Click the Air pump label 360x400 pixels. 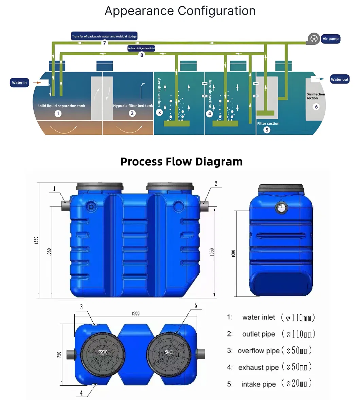click(330, 39)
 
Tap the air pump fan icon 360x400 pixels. click(314, 39)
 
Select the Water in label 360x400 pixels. click(19, 83)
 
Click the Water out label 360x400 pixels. click(340, 79)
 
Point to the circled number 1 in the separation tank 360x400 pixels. click(58, 113)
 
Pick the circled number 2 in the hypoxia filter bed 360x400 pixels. click(132, 113)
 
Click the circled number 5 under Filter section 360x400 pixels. click(267, 130)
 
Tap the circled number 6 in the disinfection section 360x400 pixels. click(316, 107)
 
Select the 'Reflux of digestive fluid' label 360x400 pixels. click(141, 49)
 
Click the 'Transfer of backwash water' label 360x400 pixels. click(104, 36)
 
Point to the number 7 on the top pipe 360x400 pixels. click(105, 43)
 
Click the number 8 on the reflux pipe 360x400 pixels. click(142, 55)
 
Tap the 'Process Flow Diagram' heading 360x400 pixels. click(181, 162)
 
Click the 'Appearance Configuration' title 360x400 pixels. click(180, 11)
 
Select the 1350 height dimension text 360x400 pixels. click(37, 240)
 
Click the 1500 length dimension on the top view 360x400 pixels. click(135, 313)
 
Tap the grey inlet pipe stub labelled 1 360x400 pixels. click(66, 205)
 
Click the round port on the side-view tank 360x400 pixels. click(281, 208)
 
